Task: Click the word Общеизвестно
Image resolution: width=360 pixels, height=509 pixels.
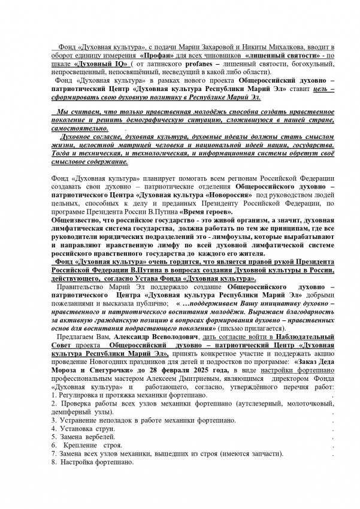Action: pyautogui.click(x=71, y=220)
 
